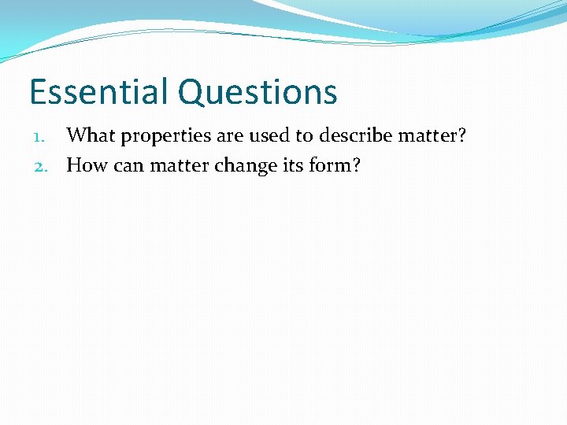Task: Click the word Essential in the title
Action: click(x=99, y=92)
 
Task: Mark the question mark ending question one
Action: click(x=461, y=135)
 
